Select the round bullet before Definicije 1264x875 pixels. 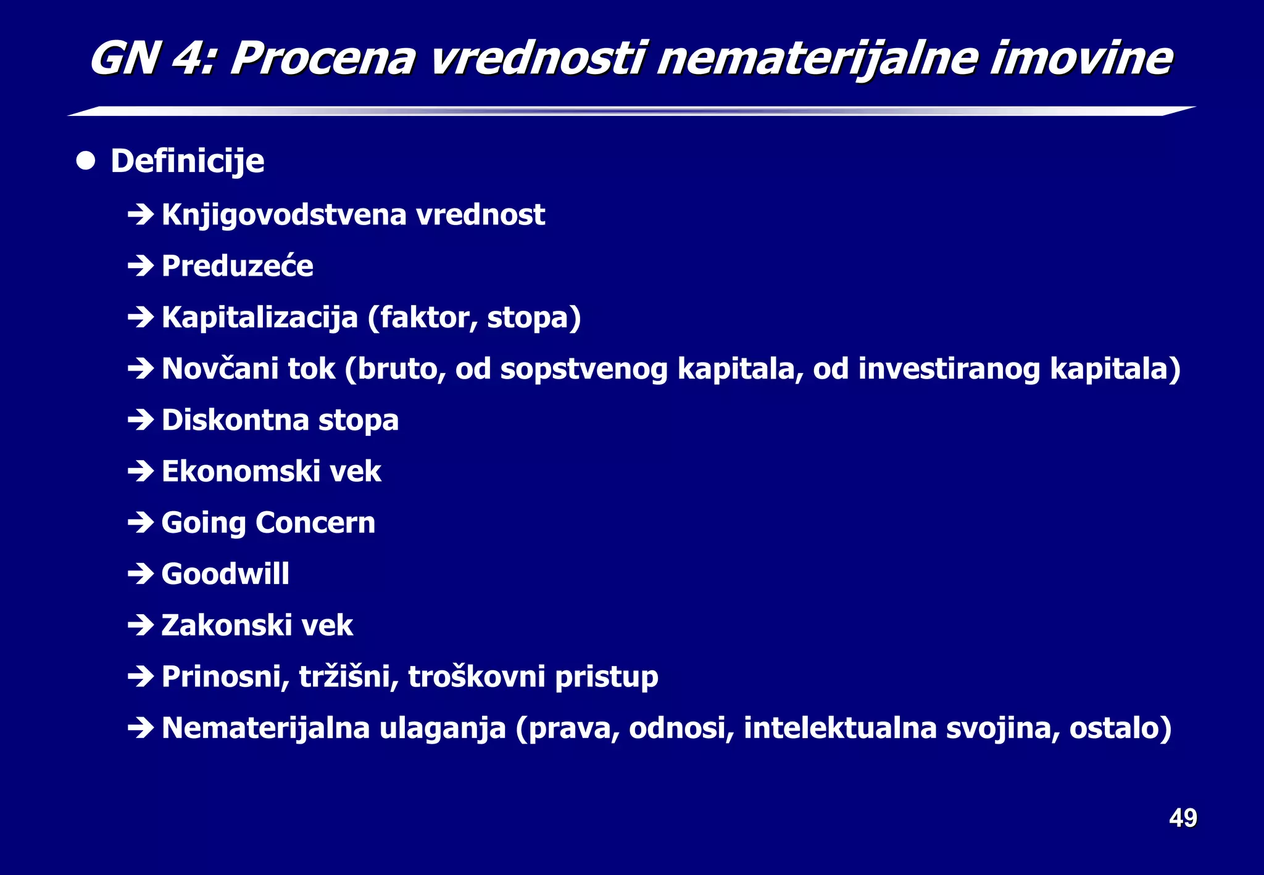click(86, 161)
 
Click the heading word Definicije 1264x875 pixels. click(187, 161)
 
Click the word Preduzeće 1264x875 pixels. click(237, 266)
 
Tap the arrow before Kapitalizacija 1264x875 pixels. click(141, 318)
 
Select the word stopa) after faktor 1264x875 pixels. click(534, 318)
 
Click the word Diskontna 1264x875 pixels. click(235, 420)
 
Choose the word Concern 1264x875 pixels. click(315, 523)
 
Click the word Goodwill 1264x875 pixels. click(225, 574)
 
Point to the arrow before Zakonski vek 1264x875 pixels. click(141, 626)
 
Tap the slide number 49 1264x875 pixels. click(1183, 818)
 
